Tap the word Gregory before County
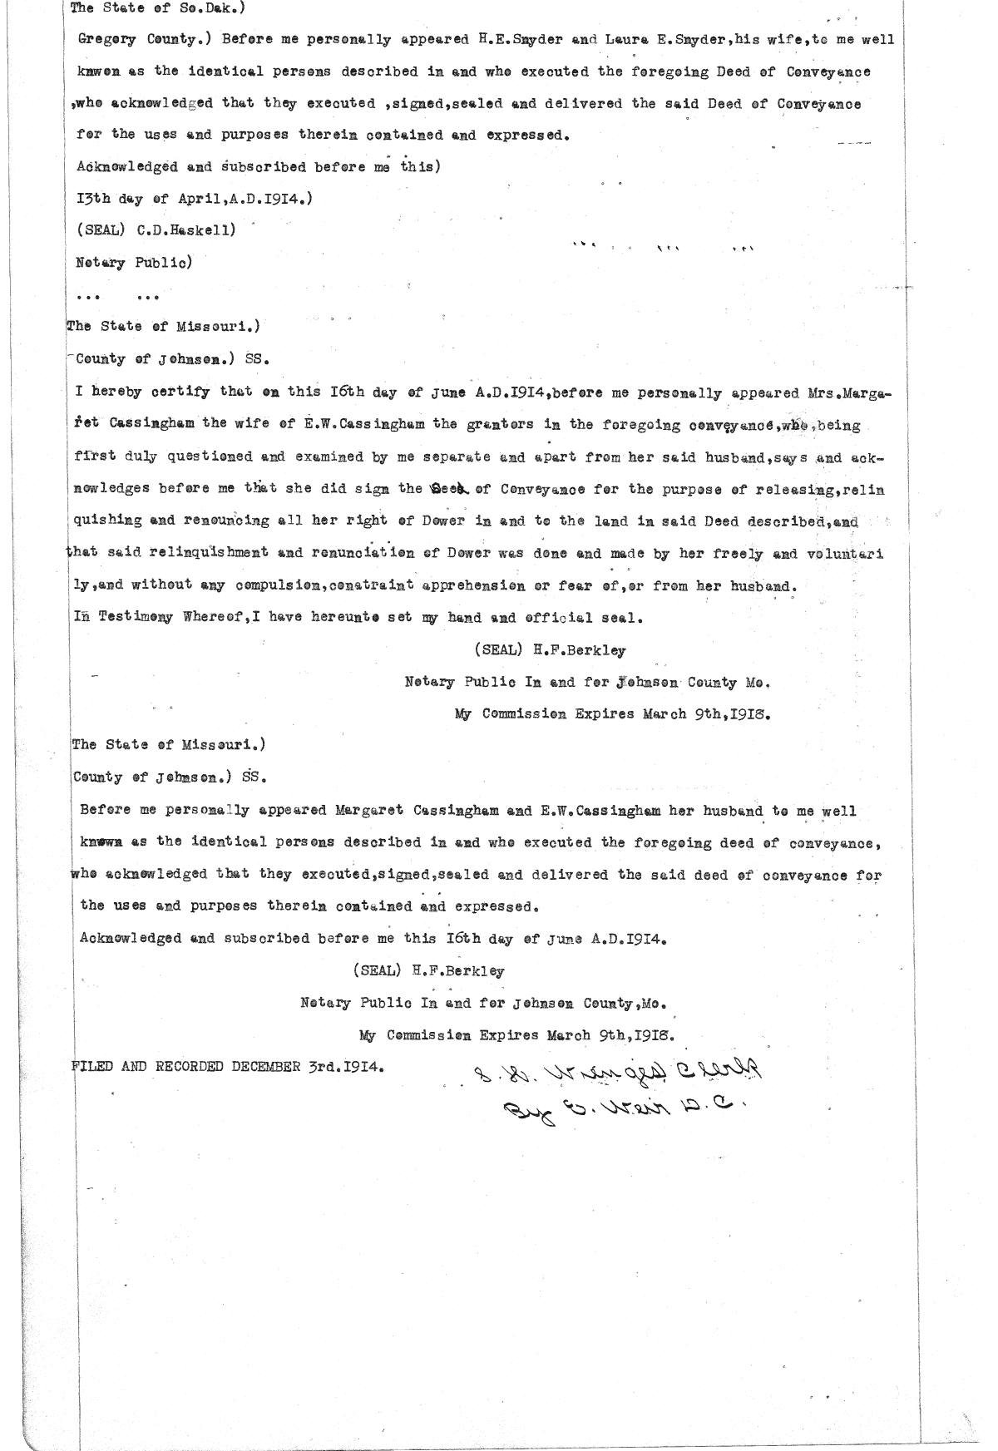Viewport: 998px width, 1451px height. (106, 39)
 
